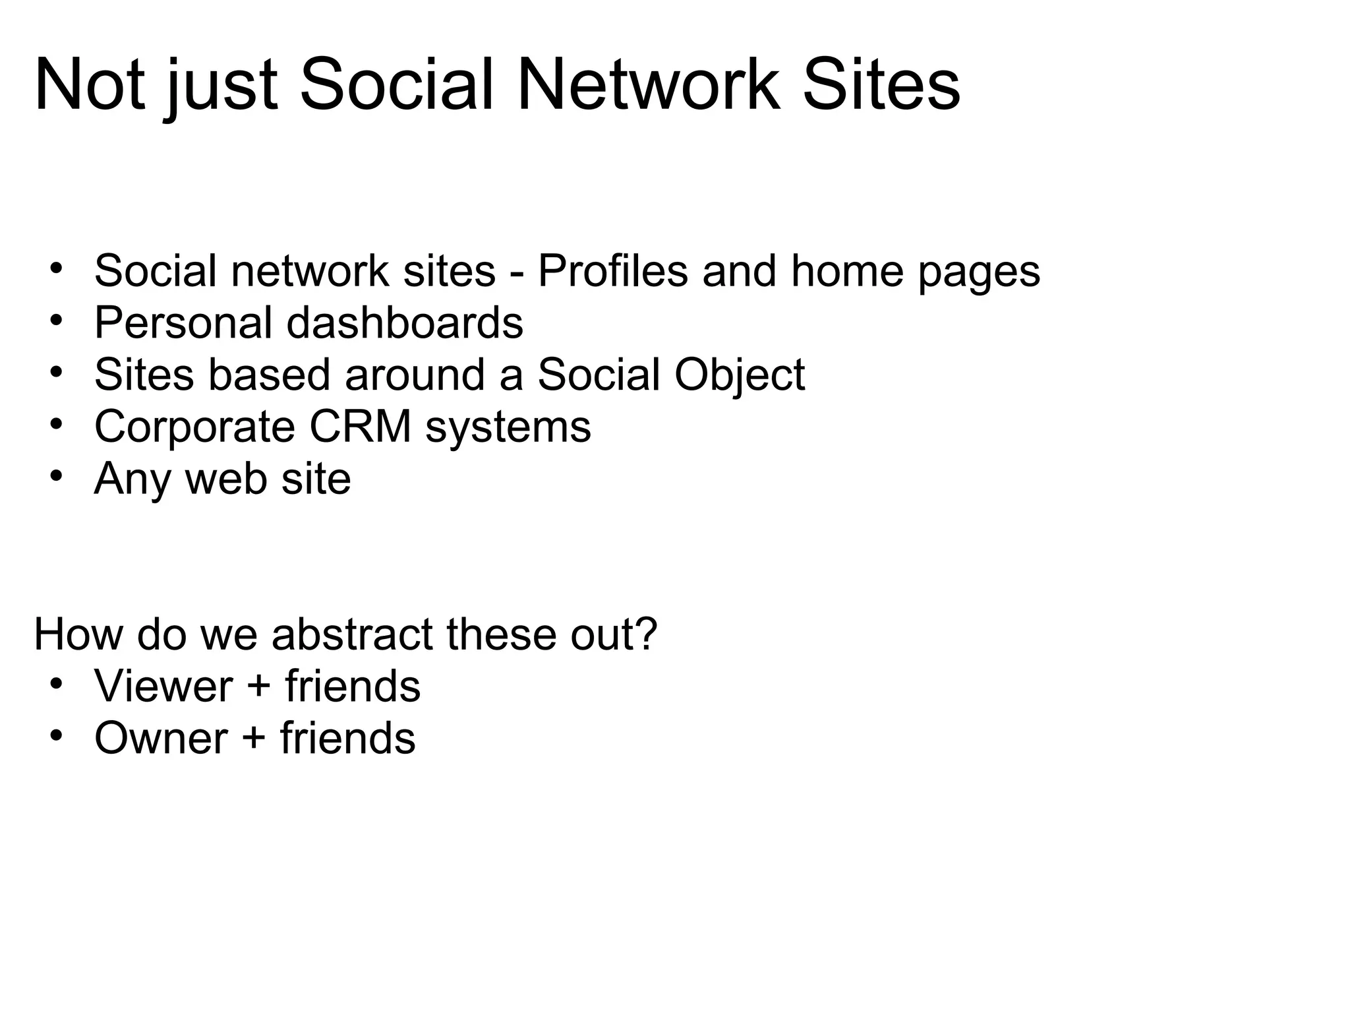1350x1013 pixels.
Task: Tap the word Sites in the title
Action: point(881,86)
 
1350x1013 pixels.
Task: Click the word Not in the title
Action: point(89,86)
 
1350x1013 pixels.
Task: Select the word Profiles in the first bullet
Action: point(612,271)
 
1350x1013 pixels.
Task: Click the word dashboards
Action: point(405,322)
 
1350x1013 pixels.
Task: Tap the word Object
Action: point(739,375)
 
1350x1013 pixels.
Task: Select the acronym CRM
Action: point(360,427)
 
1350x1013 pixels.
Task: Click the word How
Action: point(78,634)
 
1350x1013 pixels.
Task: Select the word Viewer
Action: point(163,686)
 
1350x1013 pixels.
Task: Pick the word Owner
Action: point(161,738)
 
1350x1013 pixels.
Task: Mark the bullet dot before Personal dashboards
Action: point(56,319)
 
